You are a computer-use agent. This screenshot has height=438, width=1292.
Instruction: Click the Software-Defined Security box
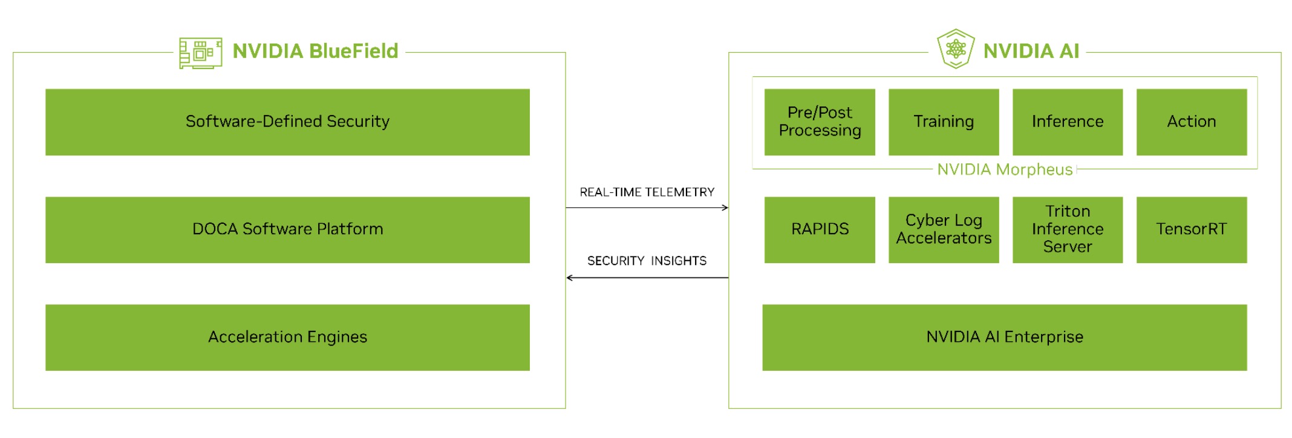click(287, 122)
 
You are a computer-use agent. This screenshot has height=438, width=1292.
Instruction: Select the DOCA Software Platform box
click(287, 229)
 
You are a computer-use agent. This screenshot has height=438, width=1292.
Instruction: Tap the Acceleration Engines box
click(287, 337)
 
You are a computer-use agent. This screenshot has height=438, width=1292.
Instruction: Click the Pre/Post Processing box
click(820, 122)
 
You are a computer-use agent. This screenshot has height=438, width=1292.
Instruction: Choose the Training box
click(944, 122)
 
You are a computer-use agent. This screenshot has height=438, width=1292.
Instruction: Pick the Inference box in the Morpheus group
click(1068, 122)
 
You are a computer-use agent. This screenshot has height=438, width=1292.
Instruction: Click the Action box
click(1192, 122)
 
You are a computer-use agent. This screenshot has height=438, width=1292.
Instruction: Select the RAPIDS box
click(820, 229)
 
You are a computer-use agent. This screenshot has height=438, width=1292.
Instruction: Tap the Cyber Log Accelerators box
click(944, 229)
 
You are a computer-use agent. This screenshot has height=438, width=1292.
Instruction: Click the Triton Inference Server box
click(1068, 229)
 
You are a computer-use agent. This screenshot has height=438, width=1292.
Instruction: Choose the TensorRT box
click(1192, 229)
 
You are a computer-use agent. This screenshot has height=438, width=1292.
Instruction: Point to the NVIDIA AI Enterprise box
click(1005, 337)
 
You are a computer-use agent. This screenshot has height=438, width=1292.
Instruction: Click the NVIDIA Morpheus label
click(1005, 169)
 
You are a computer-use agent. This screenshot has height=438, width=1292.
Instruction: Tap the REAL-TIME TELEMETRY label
click(647, 192)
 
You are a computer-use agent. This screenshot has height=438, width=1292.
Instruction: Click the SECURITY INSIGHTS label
click(647, 261)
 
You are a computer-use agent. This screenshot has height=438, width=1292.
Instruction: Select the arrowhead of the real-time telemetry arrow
click(725, 208)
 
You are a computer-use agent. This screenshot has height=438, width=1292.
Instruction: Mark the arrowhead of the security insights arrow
click(570, 278)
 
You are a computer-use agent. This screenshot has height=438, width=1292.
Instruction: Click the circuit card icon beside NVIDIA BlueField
click(200, 53)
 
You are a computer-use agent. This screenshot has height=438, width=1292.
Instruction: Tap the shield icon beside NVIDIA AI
click(956, 49)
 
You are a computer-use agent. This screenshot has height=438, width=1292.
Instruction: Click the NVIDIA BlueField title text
click(315, 51)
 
